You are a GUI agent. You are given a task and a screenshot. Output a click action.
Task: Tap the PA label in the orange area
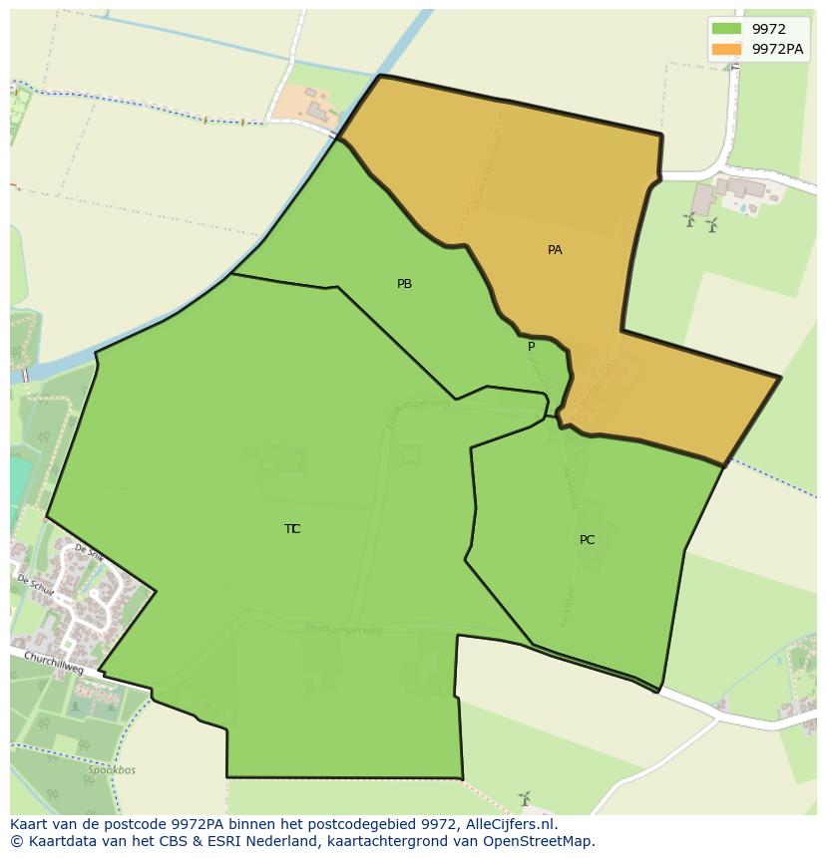[555, 250]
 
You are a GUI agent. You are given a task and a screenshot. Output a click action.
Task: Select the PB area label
[404, 284]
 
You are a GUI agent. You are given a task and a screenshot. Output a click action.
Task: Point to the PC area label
[587, 540]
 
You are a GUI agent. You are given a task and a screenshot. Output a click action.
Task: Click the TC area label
[292, 529]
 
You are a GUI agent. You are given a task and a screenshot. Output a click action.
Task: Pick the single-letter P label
[531, 347]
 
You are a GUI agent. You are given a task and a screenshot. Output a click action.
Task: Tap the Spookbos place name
[111, 770]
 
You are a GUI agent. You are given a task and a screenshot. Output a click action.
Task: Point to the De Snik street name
[89, 554]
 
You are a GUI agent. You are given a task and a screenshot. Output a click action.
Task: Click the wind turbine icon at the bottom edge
[524, 797]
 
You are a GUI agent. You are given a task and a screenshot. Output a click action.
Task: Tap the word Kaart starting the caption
[29, 824]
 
